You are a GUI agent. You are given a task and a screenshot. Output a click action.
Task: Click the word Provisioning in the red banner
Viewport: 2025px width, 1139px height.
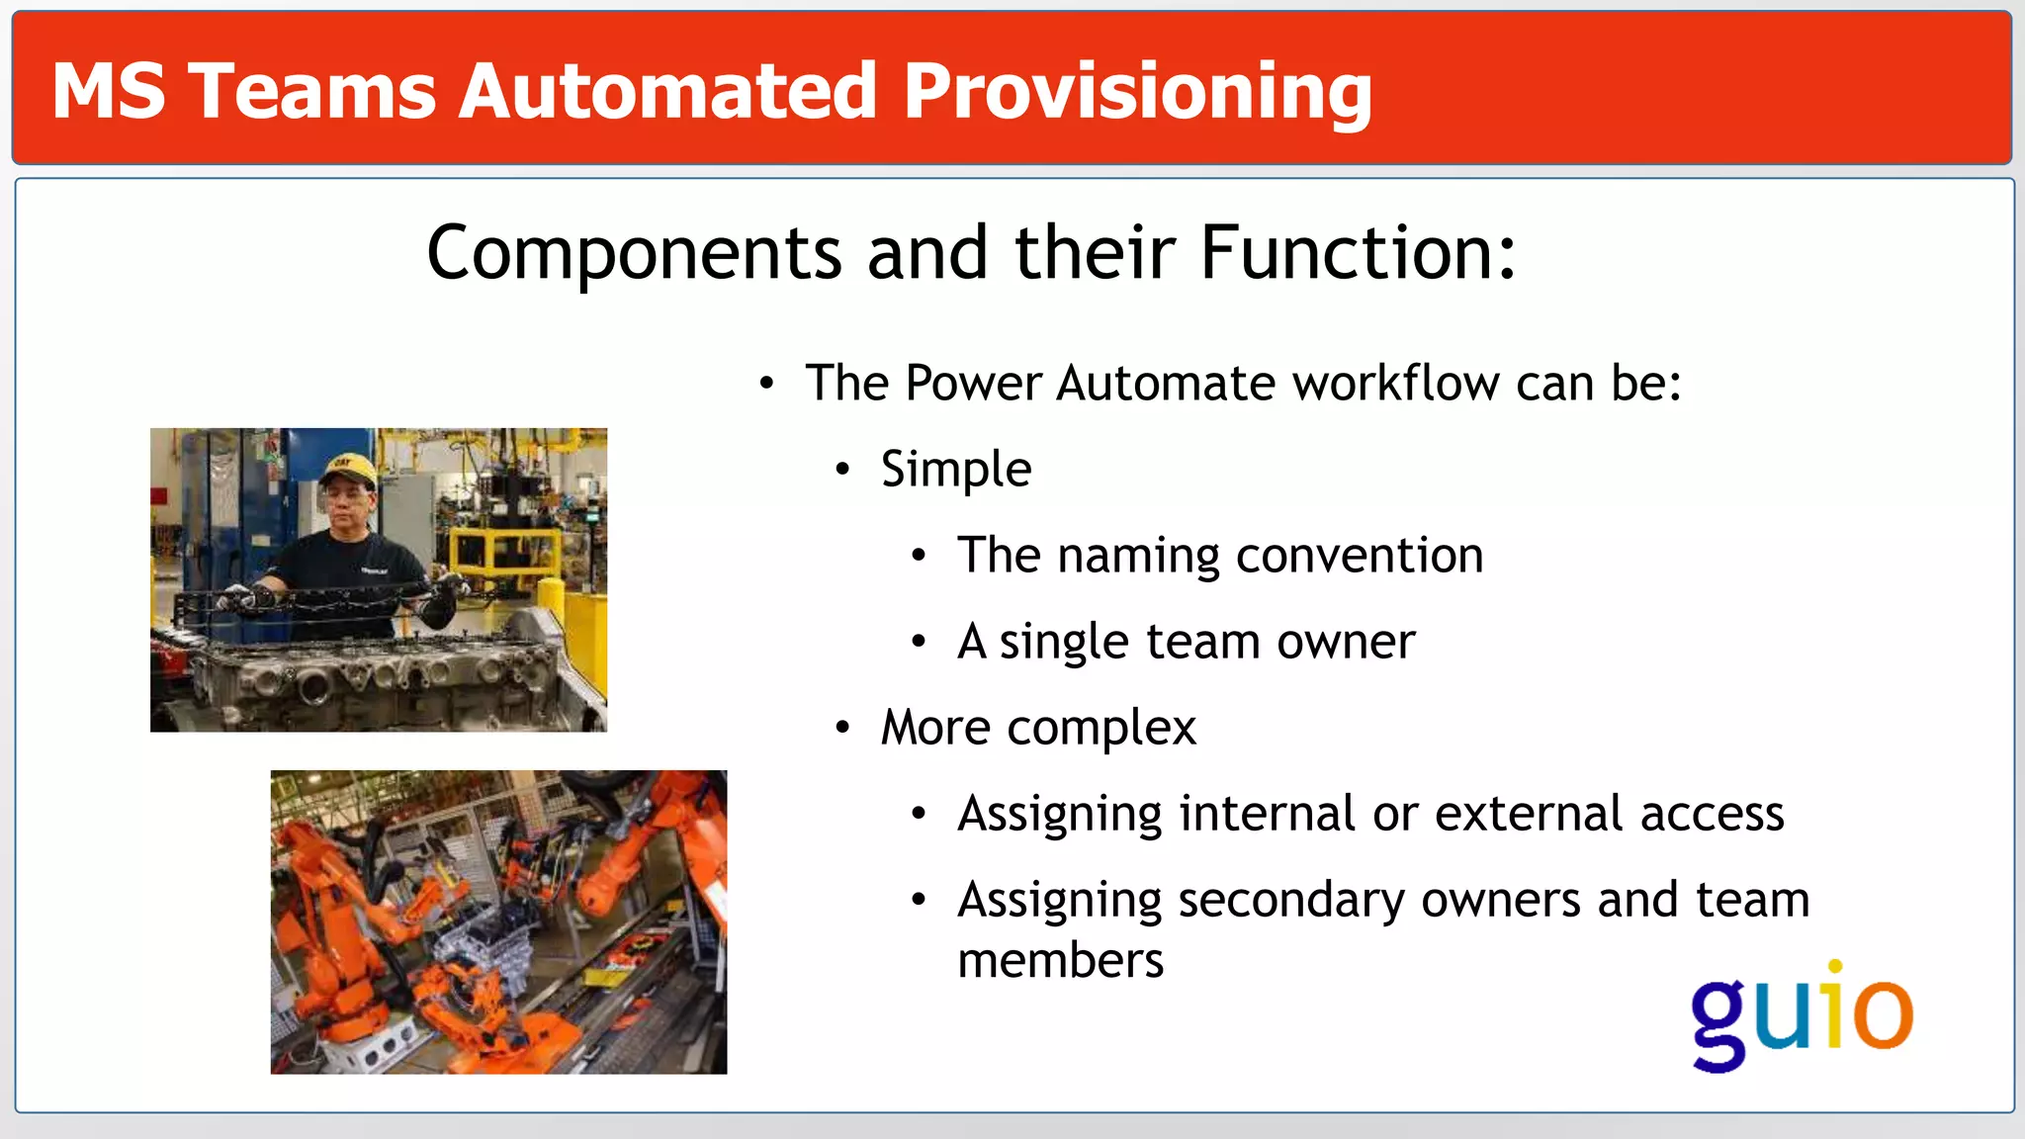(1137, 92)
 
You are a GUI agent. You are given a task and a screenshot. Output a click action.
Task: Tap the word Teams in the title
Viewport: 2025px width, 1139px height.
(311, 92)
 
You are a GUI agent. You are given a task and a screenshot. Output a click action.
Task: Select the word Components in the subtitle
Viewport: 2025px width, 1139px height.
(634, 253)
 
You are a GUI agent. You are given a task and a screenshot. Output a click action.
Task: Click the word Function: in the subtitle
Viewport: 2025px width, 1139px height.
(1358, 253)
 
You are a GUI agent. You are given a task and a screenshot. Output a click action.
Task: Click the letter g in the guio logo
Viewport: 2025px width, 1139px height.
(1719, 1023)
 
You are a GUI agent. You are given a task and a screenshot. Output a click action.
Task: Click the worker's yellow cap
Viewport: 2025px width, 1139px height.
(348, 468)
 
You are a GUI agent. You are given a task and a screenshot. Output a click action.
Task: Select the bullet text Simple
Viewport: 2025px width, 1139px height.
(955, 469)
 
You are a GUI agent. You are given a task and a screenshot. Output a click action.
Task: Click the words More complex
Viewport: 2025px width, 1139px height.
(1038, 728)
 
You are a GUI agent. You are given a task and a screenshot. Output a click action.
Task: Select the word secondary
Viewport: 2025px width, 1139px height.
(1291, 900)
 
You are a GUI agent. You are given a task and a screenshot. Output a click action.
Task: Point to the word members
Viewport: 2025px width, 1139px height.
(1060, 961)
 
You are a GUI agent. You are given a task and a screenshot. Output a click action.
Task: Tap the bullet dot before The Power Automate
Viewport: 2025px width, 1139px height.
(766, 384)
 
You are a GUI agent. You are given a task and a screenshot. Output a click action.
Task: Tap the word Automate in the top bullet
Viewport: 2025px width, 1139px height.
(1166, 384)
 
